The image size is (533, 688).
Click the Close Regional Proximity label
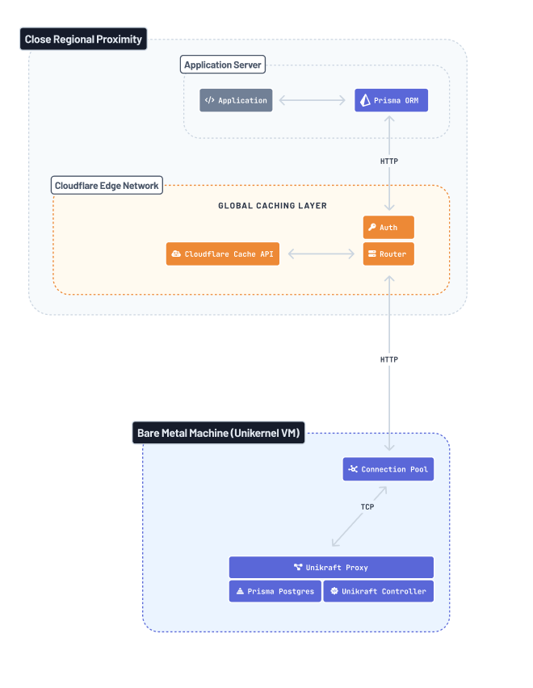tap(83, 39)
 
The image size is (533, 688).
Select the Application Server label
tap(223, 65)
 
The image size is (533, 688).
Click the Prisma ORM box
tap(391, 100)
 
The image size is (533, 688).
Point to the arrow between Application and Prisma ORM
tap(313, 101)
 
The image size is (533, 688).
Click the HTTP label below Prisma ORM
tap(389, 162)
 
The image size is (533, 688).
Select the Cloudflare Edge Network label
tap(107, 186)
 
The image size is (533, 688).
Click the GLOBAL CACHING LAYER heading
tap(272, 206)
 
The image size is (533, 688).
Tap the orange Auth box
tap(388, 228)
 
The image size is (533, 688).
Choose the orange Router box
tap(388, 254)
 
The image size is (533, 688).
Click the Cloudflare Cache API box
tap(223, 254)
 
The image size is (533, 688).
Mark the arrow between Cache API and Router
tap(321, 254)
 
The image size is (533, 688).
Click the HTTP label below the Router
tap(389, 359)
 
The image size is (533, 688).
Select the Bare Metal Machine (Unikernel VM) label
tap(218, 434)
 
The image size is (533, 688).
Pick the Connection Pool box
tap(388, 469)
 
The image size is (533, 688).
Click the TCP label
tap(367, 507)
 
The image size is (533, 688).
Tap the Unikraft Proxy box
tap(331, 568)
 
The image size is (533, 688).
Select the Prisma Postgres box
tap(275, 591)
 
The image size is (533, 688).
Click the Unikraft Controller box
tap(378, 591)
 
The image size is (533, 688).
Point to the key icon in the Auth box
tap(372, 228)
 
